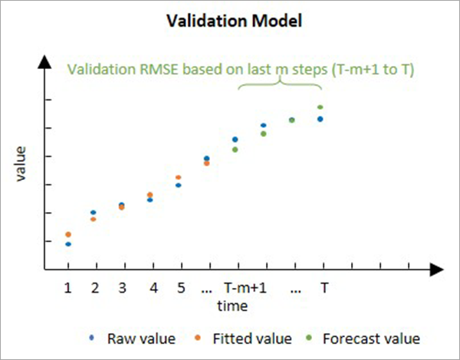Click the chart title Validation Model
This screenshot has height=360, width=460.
231,21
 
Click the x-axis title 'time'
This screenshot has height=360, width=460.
231,306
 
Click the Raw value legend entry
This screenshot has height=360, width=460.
141,338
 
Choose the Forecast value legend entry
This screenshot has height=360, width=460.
371,338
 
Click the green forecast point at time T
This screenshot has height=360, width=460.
320,107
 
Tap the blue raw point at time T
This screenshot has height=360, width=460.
320,119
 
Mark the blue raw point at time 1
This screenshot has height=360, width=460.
68,244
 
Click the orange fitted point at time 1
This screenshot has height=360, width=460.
68,234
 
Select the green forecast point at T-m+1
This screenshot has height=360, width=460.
235,149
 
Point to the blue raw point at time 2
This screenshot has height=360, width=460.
94,212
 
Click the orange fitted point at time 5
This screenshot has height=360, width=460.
179,178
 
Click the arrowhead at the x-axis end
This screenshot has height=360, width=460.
437,269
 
